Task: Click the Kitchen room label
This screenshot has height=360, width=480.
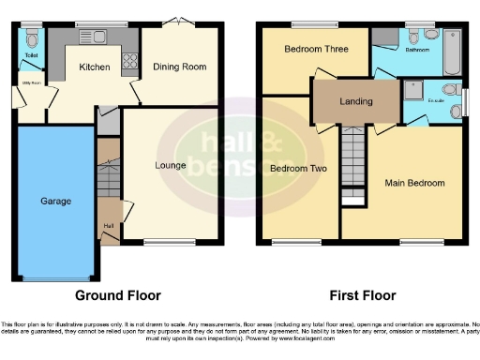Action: click(94, 67)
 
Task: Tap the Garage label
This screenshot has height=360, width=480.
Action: click(54, 201)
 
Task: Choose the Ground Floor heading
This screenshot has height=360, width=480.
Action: click(117, 295)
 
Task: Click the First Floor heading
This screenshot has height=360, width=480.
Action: click(362, 295)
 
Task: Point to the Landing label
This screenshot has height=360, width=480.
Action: click(355, 101)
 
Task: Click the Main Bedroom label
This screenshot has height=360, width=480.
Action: click(413, 183)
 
